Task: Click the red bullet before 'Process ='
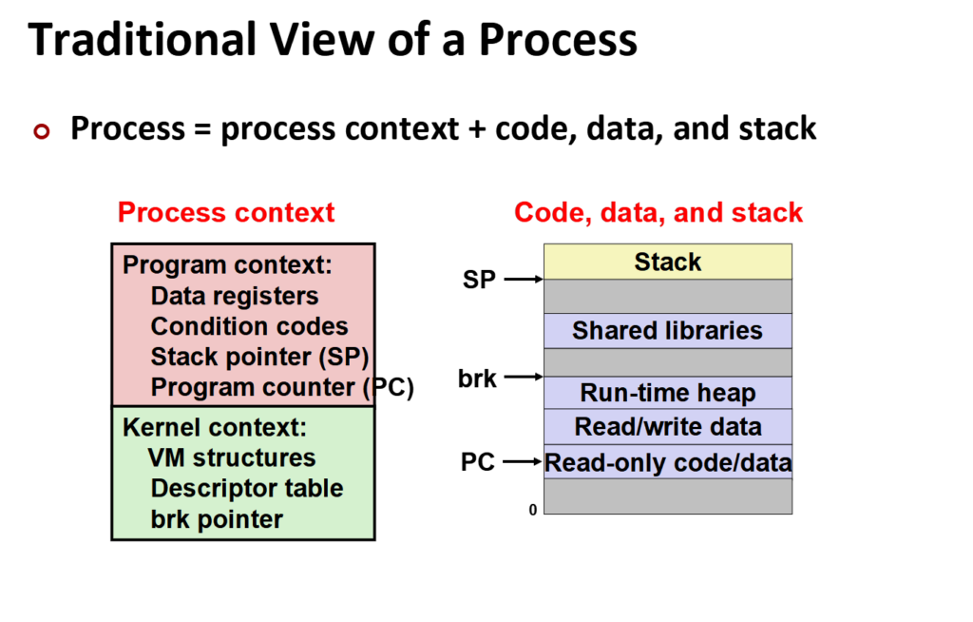click(x=40, y=131)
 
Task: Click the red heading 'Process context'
click(x=226, y=212)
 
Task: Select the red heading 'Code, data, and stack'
click(x=658, y=212)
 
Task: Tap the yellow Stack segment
click(x=667, y=262)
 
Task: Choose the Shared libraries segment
click(x=667, y=331)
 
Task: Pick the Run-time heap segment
click(x=667, y=393)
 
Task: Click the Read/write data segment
click(x=667, y=427)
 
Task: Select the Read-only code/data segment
click(x=667, y=463)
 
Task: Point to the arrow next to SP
click(x=524, y=280)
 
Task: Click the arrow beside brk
click(x=524, y=378)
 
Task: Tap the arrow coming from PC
click(x=524, y=462)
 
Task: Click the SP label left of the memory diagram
click(x=479, y=281)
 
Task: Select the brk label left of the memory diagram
click(x=477, y=379)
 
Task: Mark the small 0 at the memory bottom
click(x=533, y=511)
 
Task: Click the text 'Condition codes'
click(x=249, y=326)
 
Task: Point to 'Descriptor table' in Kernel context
click(x=246, y=489)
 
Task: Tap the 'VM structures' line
click(x=231, y=457)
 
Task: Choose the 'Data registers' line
click(x=234, y=296)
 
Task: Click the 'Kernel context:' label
click(x=215, y=427)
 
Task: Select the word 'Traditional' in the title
click(x=143, y=40)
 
